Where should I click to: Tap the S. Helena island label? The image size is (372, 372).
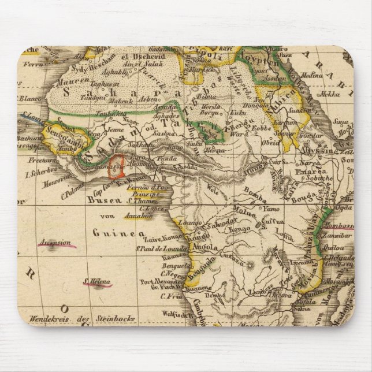pos(97,282)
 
